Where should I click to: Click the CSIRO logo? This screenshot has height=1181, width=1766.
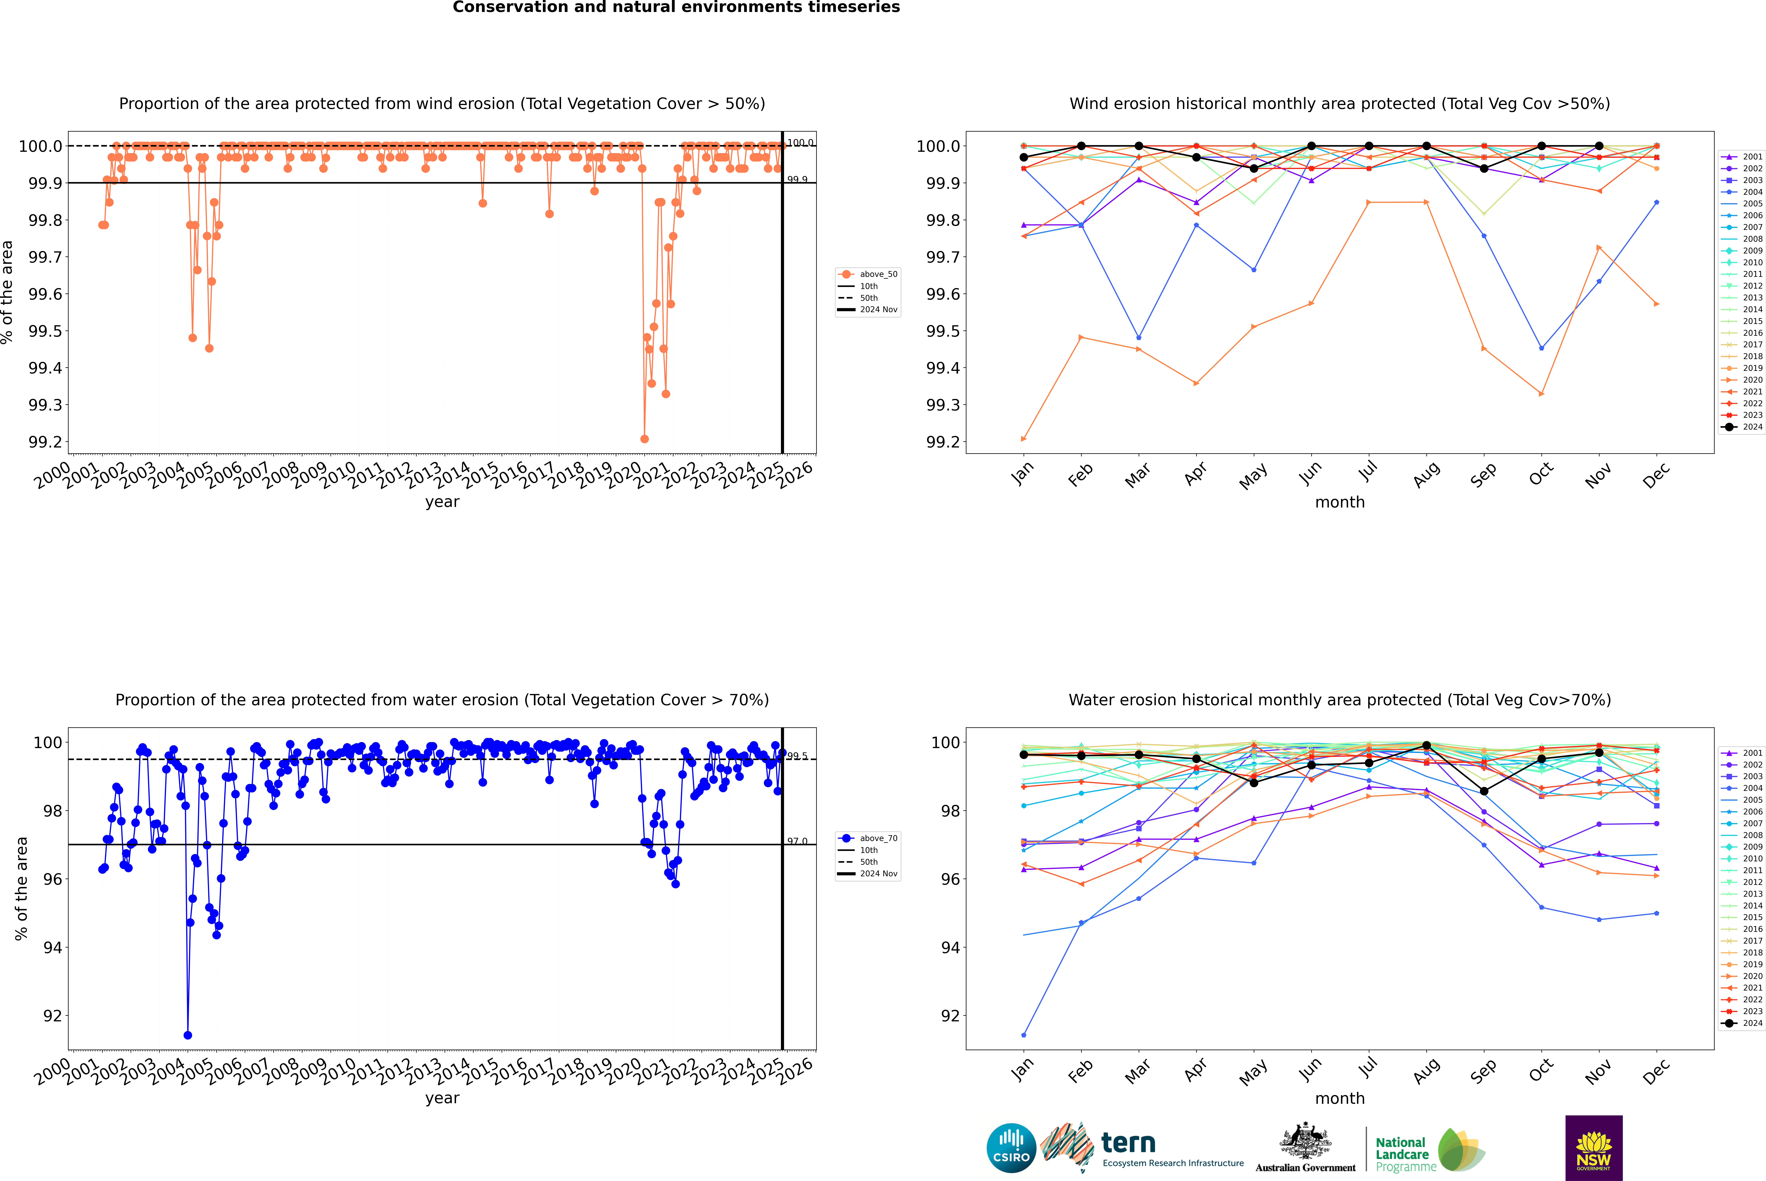pyautogui.click(x=1011, y=1148)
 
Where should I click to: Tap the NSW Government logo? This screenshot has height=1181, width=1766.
pyautogui.click(x=1594, y=1148)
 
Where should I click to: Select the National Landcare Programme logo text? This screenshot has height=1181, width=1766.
pyautogui.click(x=1402, y=1154)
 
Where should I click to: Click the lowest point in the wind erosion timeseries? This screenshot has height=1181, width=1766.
pyautogui.click(x=644, y=439)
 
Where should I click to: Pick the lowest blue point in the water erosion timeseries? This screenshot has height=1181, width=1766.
pyautogui.click(x=187, y=1035)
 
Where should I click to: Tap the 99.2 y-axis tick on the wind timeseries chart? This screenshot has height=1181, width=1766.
pyautogui.click(x=45, y=442)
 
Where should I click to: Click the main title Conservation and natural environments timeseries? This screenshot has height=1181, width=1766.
pyautogui.click(x=676, y=7)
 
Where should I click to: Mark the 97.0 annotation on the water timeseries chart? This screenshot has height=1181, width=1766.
pyautogui.click(x=797, y=841)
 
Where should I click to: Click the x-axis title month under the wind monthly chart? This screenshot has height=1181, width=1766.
pyautogui.click(x=1339, y=502)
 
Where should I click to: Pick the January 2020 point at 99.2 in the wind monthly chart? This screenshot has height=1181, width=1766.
pyautogui.click(x=1024, y=439)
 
